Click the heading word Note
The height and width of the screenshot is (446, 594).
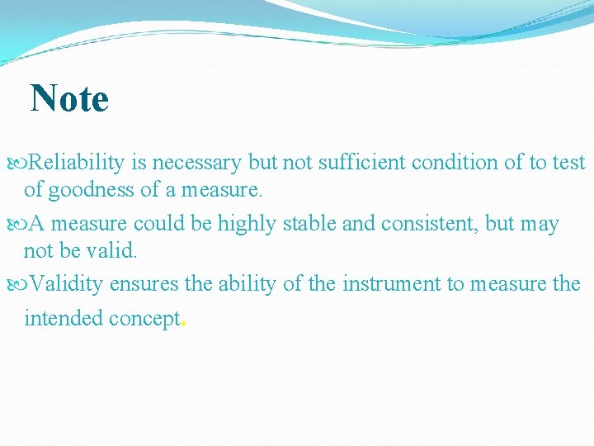69,99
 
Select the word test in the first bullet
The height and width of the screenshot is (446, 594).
568,163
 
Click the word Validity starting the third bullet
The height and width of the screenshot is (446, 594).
67,284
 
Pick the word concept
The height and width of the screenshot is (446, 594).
144,319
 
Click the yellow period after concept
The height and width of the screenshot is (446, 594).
183,325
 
